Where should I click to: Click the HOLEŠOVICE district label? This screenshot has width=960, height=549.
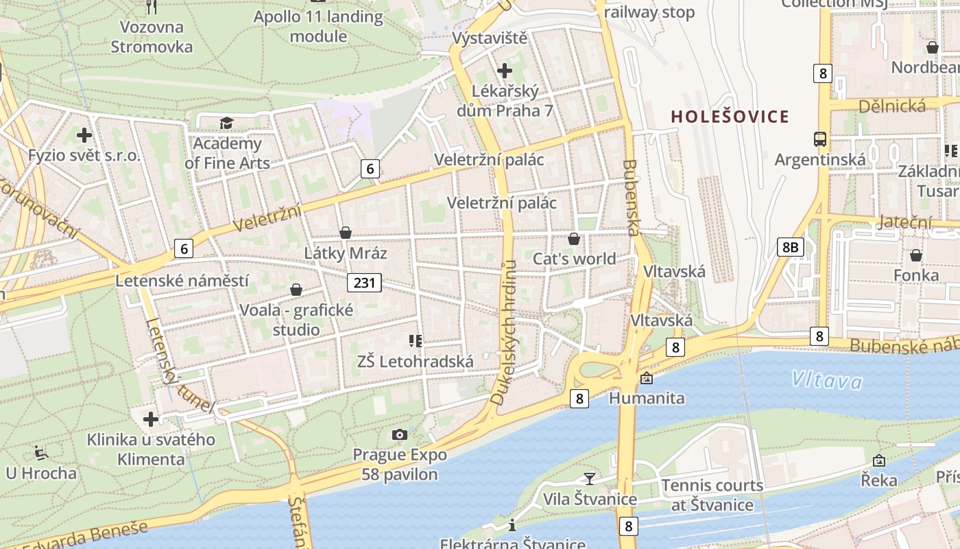click(x=730, y=117)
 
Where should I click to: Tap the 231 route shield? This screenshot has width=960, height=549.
click(x=363, y=283)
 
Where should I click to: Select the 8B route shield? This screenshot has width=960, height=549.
click(x=790, y=247)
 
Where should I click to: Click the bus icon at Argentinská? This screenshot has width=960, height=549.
click(x=819, y=139)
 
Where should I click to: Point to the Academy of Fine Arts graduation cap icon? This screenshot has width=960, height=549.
click(x=226, y=124)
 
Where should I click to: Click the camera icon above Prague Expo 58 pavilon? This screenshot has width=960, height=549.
click(x=400, y=434)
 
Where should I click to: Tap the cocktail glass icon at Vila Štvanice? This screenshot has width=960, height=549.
click(x=590, y=478)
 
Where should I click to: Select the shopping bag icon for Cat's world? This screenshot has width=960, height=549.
click(x=574, y=239)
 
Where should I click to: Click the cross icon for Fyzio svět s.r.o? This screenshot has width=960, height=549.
click(x=84, y=135)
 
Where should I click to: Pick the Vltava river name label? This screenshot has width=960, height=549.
click(x=826, y=379)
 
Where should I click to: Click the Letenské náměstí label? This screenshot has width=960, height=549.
click(x=182, y=281)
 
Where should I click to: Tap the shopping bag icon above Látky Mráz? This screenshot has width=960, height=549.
click(x=346, y=233)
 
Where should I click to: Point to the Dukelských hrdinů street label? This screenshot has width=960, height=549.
click(x=505, y=333)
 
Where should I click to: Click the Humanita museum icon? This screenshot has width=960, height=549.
click(x=646, y=378)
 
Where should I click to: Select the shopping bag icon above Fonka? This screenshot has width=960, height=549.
click(x=915, y=255)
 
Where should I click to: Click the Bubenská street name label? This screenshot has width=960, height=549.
click(x=632, y=198)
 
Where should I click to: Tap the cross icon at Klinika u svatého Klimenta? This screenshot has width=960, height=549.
click(x=151, y=419)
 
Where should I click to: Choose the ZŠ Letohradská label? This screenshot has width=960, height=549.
click(x=416, y=361)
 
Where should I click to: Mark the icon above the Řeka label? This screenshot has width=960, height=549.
click(x=879, y=460)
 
